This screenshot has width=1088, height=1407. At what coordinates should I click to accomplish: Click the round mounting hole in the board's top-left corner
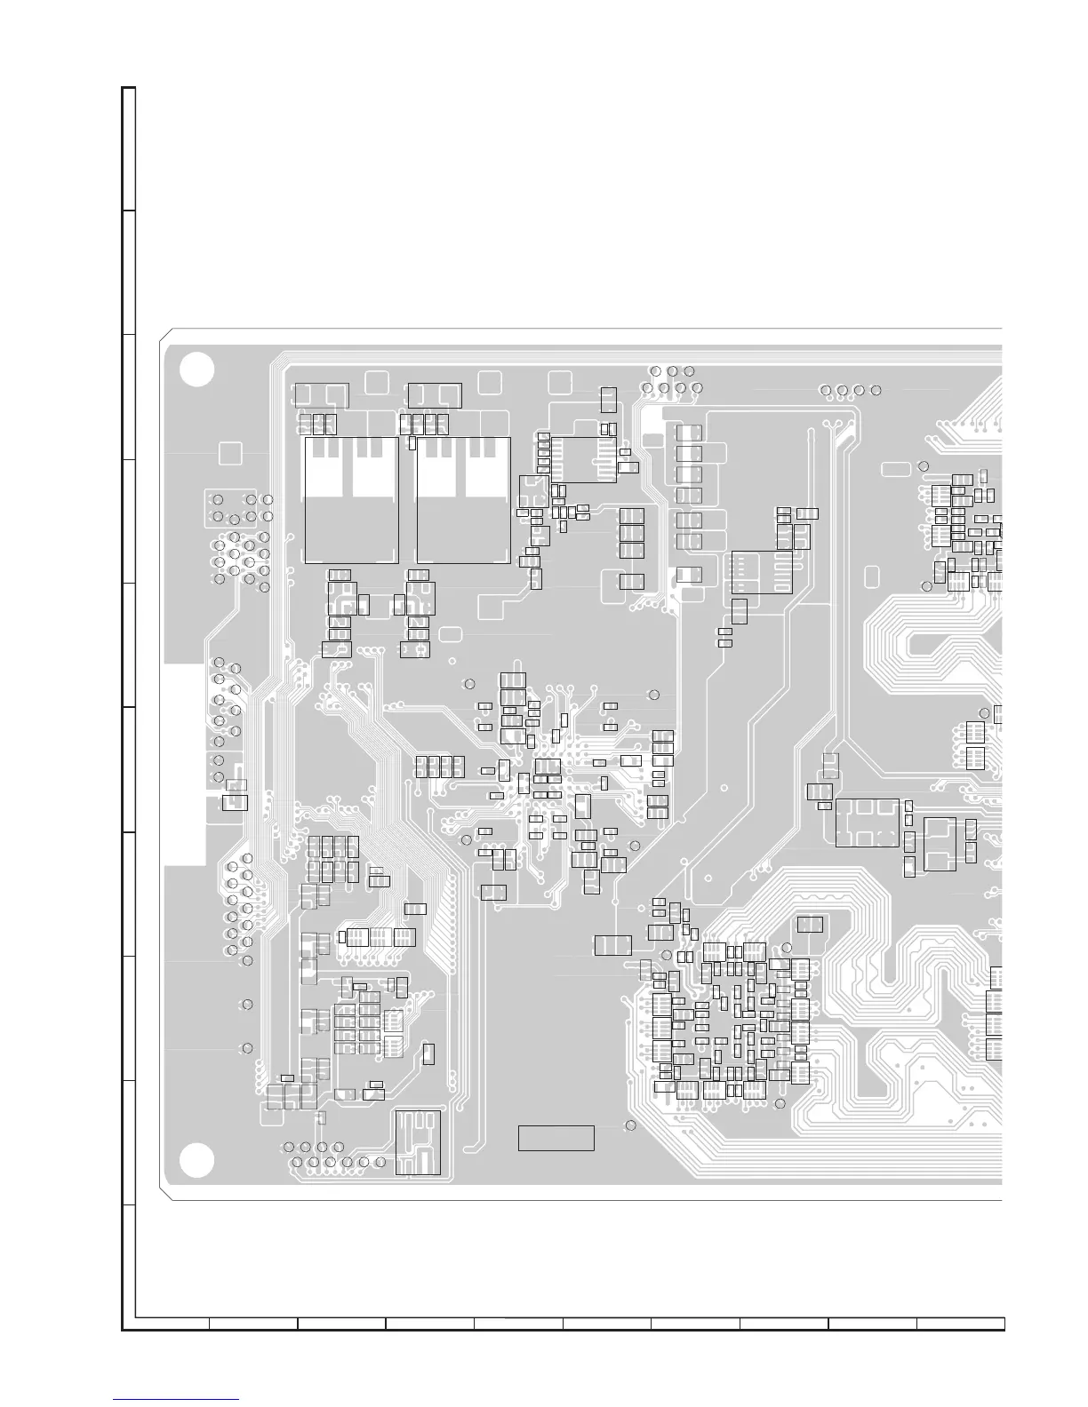click(196, 370)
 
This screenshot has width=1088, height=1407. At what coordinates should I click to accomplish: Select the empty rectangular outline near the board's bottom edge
click(556, 1138)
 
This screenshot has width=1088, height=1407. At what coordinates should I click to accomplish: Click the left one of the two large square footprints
click(351, 500)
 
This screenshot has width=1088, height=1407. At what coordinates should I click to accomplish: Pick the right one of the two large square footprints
click(463, 500)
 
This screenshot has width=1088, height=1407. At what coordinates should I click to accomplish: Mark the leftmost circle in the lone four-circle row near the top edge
click(826, 390)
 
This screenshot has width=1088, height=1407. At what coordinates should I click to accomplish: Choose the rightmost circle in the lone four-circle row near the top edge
click(876, 390)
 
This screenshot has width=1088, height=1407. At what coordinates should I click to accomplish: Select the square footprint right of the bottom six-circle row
click(418, 1141)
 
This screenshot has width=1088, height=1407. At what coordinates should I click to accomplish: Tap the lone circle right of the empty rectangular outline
click(631, 1125)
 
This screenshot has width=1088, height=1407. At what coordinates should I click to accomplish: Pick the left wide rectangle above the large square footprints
click(321, 394)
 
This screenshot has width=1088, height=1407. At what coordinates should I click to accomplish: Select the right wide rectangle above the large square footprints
click(434, 394)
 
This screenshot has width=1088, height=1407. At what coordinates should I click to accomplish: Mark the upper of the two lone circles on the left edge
click(247, 1004)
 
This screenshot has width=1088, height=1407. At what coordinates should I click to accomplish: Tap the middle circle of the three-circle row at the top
click(672, 370)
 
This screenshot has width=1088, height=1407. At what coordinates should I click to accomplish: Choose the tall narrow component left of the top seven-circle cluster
click(609, 400)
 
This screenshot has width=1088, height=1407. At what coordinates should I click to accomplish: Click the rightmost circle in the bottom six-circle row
click(380, 1162)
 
